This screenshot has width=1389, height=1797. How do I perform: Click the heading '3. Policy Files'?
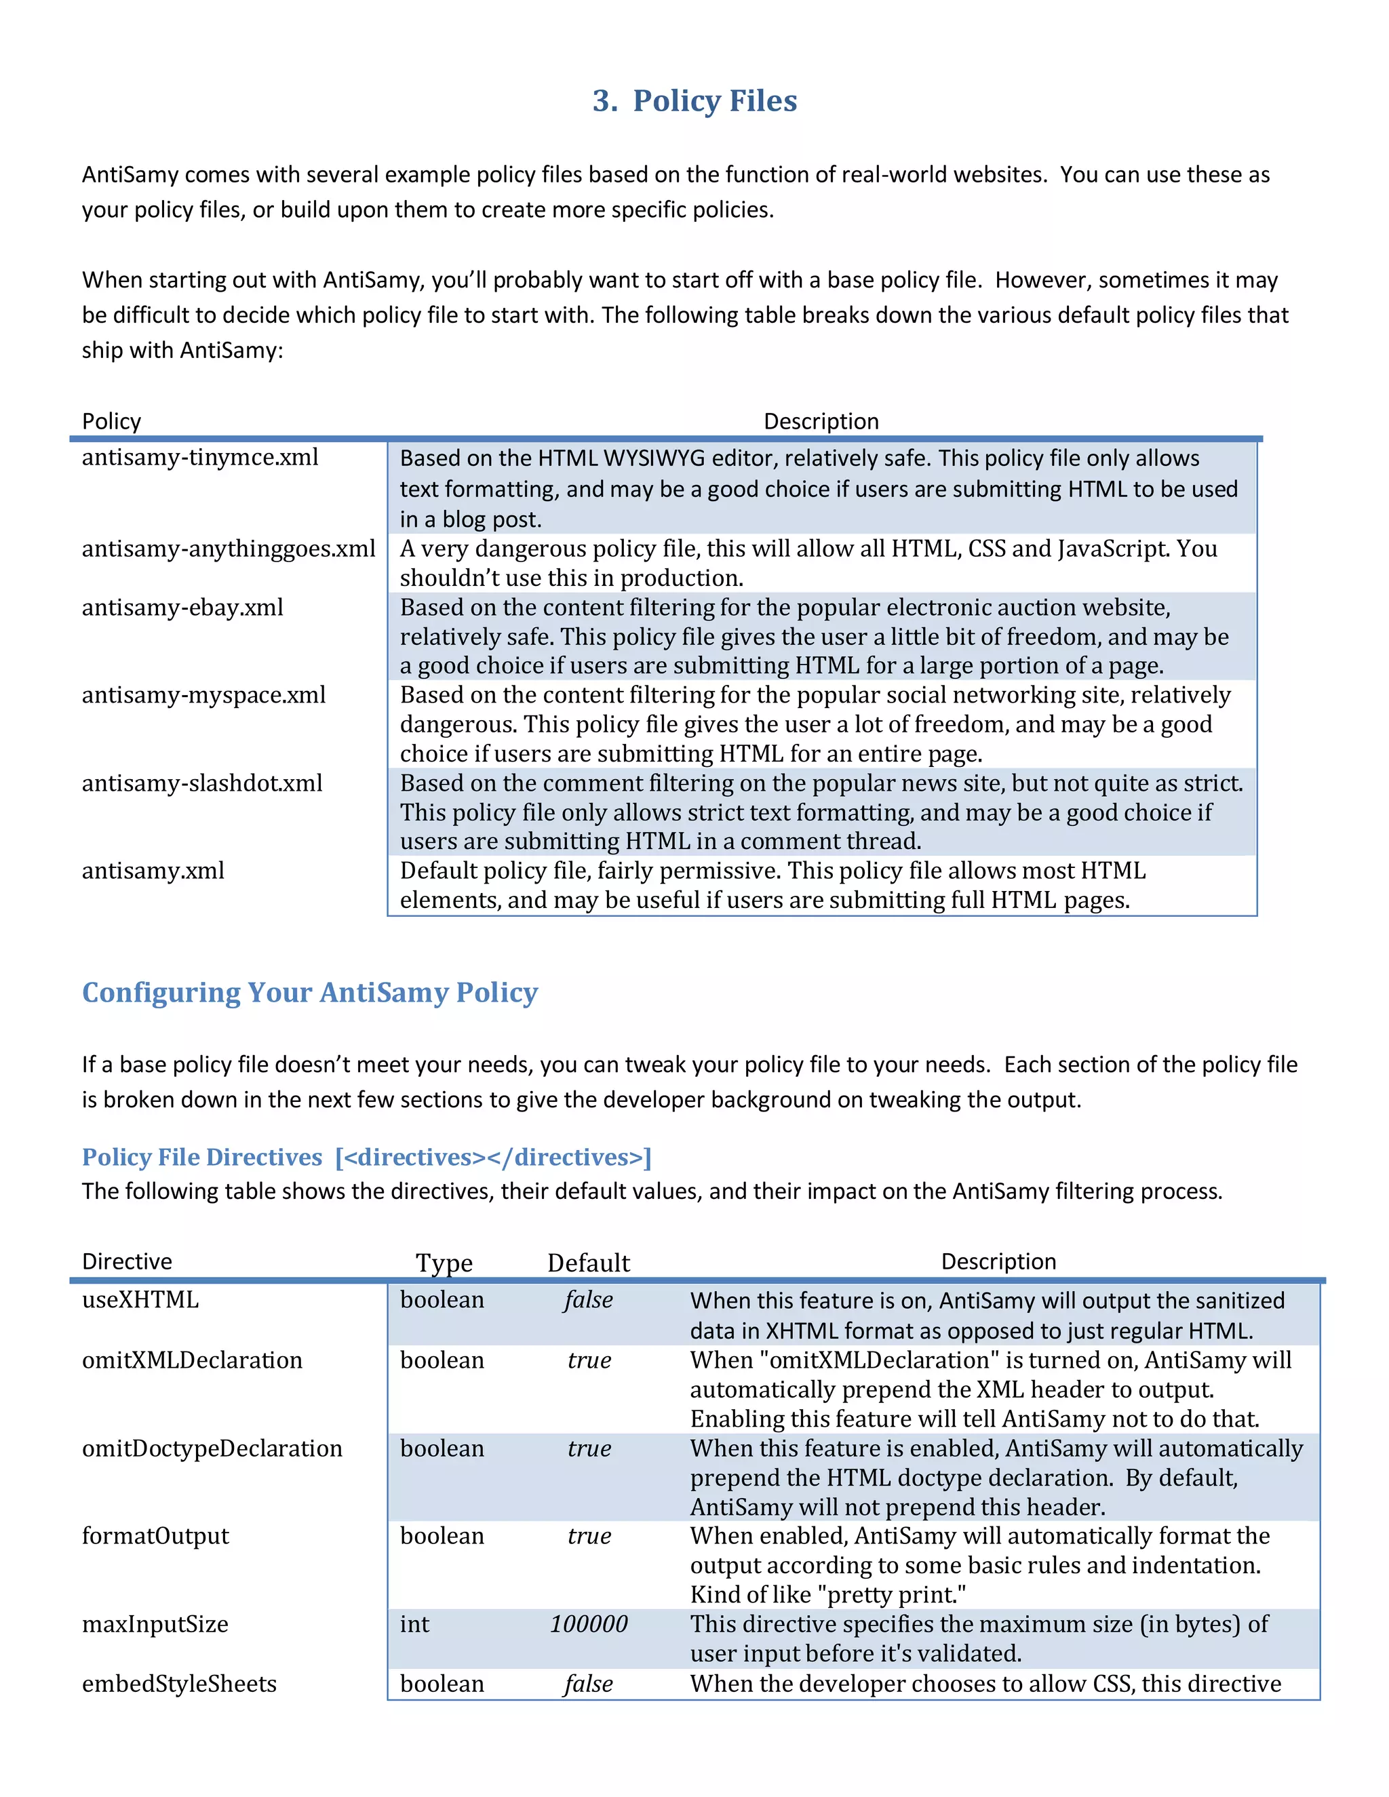coord(694,100)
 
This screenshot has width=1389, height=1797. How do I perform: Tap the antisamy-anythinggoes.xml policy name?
coord(228,548)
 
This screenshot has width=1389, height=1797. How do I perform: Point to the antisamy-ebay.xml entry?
coord(182,607)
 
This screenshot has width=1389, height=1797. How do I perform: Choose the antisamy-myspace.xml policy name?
coord(203,694)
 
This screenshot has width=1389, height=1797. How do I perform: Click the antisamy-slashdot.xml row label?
coord(201,783)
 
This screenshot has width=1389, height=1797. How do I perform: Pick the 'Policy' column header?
coord(111,421)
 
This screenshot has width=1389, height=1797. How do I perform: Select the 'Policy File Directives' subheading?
coord(201,1157)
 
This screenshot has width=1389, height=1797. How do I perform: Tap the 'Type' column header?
coord(444,1262)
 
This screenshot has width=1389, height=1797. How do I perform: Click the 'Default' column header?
coord(588,1262)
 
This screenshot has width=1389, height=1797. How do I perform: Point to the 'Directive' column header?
coord(127,1261)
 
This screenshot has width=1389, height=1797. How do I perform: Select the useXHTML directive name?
coord(140,1299)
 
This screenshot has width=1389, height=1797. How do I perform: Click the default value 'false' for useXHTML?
coord(588,1300)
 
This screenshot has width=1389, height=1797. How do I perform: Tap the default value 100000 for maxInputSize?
coord(588,1623)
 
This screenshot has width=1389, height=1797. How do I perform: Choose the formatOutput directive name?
coord(155,1535)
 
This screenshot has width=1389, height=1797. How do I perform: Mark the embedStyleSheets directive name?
coord(178,1684)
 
